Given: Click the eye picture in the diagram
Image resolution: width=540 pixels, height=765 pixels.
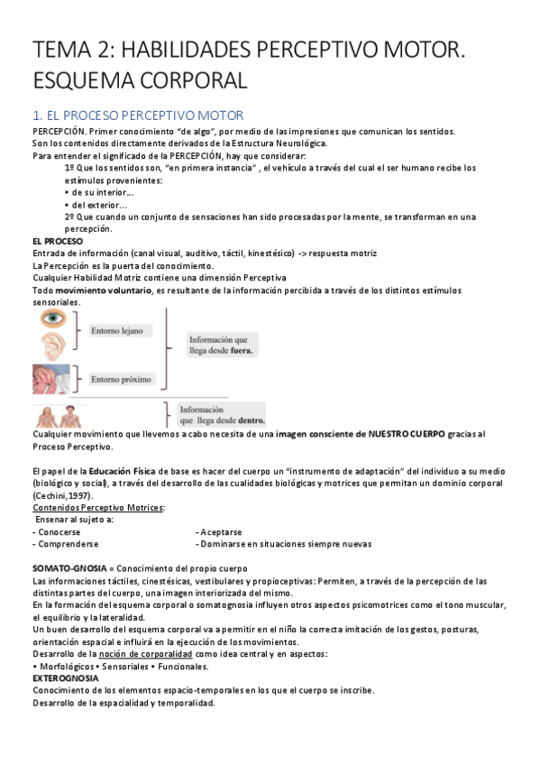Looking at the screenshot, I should pos(51,320).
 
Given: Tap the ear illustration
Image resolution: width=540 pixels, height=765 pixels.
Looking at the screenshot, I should pos(51,346).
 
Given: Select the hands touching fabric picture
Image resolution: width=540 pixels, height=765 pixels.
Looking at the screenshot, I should pos(51,378).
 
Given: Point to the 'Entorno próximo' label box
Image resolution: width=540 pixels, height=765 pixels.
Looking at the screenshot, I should pos(122,379).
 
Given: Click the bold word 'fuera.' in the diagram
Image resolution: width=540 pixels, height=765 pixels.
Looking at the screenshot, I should pos(242,351).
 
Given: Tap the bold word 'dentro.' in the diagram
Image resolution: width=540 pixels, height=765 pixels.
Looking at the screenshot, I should pos(247,419).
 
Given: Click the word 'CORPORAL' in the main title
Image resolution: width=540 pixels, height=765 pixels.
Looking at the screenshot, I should pos(184,80).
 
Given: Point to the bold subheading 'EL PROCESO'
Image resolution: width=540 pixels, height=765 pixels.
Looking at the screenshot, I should pos(57,242).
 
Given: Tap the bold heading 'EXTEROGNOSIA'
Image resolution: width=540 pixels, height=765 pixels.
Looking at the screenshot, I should pos(67,678).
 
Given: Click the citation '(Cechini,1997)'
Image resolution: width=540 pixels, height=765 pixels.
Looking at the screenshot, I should pos(61,495).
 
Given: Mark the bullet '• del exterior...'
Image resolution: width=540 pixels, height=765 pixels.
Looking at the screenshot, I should pos(100,205).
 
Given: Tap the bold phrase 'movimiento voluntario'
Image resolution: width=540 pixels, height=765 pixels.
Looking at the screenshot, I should pos(102,290).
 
